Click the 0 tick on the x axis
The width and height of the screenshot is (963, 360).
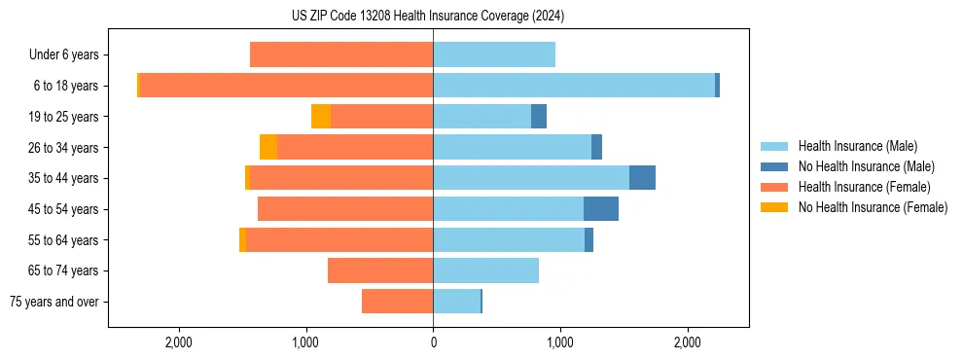click(x=433, y=342)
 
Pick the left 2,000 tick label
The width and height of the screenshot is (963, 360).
click(x=179, y=342)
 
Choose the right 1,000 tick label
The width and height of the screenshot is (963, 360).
click(x=559, y=342)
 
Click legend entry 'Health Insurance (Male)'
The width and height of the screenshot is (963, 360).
click(x=857, y=146)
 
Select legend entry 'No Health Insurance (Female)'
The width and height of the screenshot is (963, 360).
click(x=873, y=207)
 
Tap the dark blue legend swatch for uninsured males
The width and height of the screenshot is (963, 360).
click(x=774, y=166)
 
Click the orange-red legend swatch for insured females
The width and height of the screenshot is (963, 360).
click(x=774, y=187)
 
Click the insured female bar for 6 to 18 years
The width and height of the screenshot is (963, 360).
click(x=286, y=86)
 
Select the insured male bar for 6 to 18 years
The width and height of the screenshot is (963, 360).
click(x=574, y=86)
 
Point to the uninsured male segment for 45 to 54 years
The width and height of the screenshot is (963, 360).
click(x=601, y=209)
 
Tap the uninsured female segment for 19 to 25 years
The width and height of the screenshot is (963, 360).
click(x=321, y=117)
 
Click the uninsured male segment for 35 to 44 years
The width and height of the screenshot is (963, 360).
click(x=642, y=178)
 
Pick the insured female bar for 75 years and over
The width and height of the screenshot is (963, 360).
click(x=397, y=302)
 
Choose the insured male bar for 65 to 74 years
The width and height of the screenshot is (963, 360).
click(x=485, y=270)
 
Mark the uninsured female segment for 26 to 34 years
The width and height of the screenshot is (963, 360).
click(x=268, y=147)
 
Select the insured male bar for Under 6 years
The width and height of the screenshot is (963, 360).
click(x=494, y=55)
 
